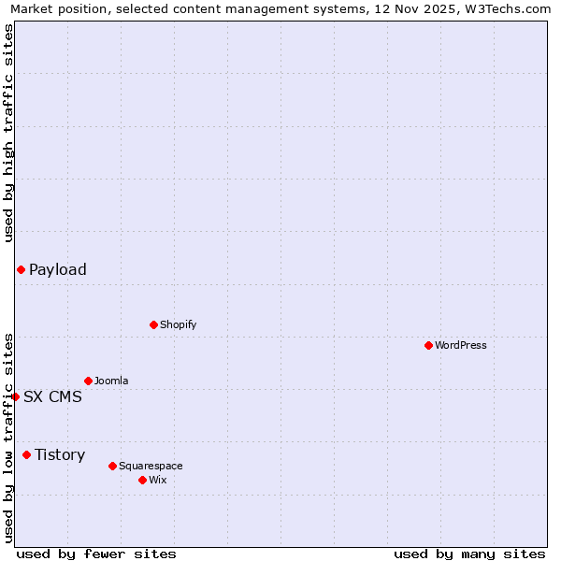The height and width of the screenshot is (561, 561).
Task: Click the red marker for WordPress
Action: click(428, 345)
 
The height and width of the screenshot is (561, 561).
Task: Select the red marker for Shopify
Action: click(153, 324)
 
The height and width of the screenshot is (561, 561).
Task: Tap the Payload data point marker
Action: click(21, 269)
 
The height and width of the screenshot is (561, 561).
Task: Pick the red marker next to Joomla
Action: click(88, 381)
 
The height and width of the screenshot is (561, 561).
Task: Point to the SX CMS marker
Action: click(15, 396)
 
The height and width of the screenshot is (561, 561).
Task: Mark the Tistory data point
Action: click(26, 454)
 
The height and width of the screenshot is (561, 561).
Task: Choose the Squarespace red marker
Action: click(112, 466)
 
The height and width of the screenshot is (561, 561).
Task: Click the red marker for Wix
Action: click(142, 480)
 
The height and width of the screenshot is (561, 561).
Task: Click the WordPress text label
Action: click(461, 345)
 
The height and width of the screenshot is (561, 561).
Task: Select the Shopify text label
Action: click(178, 324)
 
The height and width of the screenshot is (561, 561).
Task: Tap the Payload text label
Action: click(58, 269)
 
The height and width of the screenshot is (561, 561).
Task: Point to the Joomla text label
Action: click(111, 381)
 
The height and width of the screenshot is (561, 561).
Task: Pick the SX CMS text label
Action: click(52, 396)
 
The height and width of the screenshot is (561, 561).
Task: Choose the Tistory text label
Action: click(60, 454)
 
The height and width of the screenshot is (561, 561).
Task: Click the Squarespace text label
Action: click(151, 466)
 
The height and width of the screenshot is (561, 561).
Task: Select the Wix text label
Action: click(158, 480)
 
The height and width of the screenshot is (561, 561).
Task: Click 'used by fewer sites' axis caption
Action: click(96, 554)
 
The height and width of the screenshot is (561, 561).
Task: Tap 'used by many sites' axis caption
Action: click(469, 554)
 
